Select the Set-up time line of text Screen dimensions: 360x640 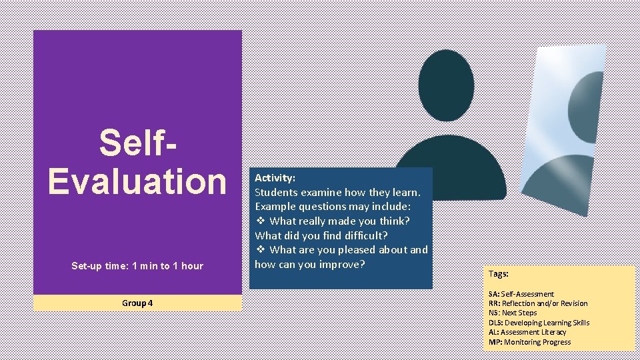coord(137,266)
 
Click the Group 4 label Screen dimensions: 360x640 coord(137,303)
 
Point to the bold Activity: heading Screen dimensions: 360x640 coord(275,178)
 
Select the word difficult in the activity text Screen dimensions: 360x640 coord(366,235)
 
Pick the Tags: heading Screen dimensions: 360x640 coord(498,273)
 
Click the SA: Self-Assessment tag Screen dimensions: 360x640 coord(521,294)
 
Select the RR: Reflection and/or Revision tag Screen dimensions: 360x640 coord(538,303)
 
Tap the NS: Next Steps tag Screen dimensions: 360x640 coord(513,313)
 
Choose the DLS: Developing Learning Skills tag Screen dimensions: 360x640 coord(539,323)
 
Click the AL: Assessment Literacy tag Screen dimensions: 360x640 coord(527,332)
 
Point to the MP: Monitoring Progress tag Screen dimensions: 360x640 coord(529,342)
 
